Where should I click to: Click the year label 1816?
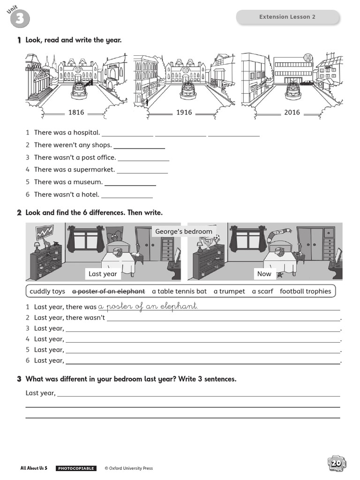[x=76, y=112]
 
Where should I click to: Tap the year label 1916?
[x=184, y=112]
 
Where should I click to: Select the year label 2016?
[x=292, y=112]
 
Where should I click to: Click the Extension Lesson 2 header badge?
[x=287, y=17]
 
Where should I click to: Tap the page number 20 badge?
[x=337, y=464]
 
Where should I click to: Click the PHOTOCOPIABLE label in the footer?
[x=76, y=468]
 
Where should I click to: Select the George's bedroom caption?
[x=184, y=232]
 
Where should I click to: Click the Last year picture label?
[x=103, y=274]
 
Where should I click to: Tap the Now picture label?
[x=264, y=274]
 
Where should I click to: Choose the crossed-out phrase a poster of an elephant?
[x=108, y=291]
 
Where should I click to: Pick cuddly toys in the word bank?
[x=47, y=291]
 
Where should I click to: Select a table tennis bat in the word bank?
[x=179, y=291]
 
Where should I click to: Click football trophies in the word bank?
[x=305, y=291]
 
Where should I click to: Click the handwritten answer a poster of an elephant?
[x=148, y=306]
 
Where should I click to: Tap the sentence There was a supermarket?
[x=74, y=169]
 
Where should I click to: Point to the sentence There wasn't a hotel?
[x=67, y=194]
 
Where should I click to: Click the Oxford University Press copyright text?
[x=128, y=468]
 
